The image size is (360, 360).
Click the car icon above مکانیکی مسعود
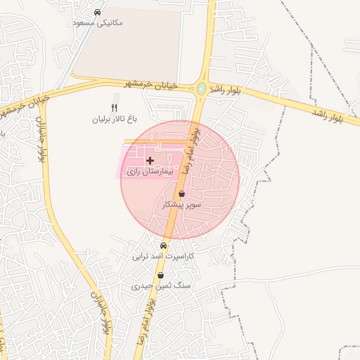[x=97, y=12]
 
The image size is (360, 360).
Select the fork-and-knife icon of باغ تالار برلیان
[x=115, y=108]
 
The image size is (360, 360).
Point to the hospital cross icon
[x=150, y=161]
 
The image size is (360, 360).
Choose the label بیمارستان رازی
[x=148, y=172]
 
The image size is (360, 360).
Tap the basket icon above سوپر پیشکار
[x=182, y=193]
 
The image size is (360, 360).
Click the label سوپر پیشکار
[x=182, y=205]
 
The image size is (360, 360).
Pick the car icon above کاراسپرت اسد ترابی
[x=164, y=246]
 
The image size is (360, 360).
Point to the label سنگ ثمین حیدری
[x=160, y=287]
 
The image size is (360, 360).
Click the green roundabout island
[x=202, y=89]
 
